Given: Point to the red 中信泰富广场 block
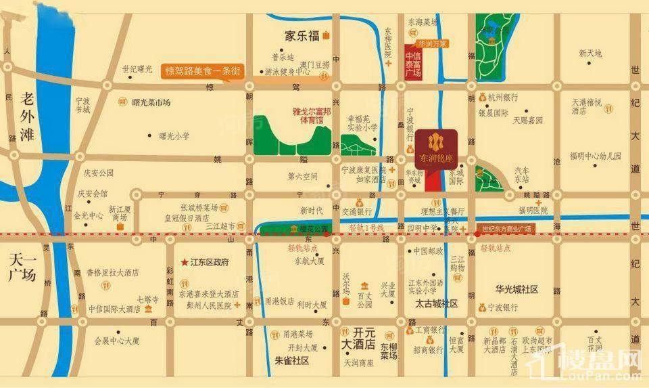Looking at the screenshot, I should (413, 64).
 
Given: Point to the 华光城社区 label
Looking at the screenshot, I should (516, 289).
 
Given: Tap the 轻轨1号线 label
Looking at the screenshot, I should (366, 229).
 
